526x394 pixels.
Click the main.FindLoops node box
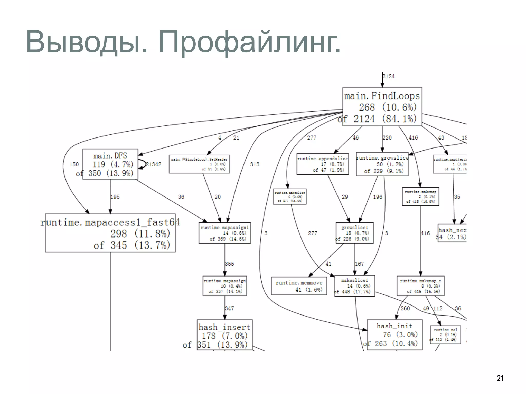382,107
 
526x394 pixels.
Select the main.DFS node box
110,164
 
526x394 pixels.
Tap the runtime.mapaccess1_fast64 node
110,233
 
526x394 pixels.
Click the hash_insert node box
224,335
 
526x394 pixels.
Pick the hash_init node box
394,334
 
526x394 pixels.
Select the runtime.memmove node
299,286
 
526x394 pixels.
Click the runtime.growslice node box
382,164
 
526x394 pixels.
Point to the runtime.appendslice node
323,164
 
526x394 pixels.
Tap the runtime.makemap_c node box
420,286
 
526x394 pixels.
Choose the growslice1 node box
355,233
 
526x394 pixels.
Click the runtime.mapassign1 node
224,233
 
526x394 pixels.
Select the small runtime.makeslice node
290,196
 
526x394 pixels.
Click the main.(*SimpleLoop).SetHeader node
199,164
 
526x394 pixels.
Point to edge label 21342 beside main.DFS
154,164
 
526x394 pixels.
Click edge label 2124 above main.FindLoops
389,76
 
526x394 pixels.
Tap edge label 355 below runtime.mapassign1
229,264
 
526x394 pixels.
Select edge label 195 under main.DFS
115,197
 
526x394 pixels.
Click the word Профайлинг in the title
249,42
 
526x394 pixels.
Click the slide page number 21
500,378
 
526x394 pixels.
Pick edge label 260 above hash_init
405,308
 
